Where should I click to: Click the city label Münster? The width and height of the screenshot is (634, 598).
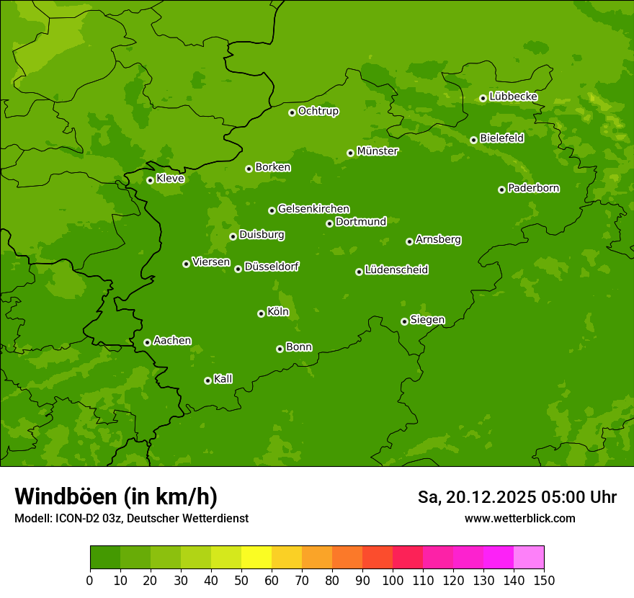(377, 151)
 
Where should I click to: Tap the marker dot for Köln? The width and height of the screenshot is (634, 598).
(261, 313)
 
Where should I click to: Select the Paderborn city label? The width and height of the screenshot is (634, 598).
(533, 188)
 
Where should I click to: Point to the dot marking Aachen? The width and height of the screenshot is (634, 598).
(147, 342)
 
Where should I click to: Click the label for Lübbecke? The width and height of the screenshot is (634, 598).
(513, 97)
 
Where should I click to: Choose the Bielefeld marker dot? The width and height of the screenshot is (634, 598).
(473, 140)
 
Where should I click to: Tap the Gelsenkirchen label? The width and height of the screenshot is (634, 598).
(313, 209)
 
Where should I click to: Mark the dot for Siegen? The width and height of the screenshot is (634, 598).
(404, 321)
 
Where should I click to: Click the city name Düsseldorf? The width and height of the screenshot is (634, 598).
(272, 267)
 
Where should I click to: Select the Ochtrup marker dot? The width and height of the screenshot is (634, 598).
(292, 112)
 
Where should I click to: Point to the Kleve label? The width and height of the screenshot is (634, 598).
(170, 179)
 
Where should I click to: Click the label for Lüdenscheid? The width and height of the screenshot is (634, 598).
(396, 270)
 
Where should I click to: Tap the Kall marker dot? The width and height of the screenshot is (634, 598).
(207, 380)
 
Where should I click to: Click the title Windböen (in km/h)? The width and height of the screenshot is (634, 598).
(116, 496)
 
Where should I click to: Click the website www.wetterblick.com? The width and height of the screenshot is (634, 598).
(519, 518)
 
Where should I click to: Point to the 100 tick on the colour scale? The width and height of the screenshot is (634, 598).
(393, 580)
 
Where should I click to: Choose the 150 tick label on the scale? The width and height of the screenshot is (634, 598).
(544, 580)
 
